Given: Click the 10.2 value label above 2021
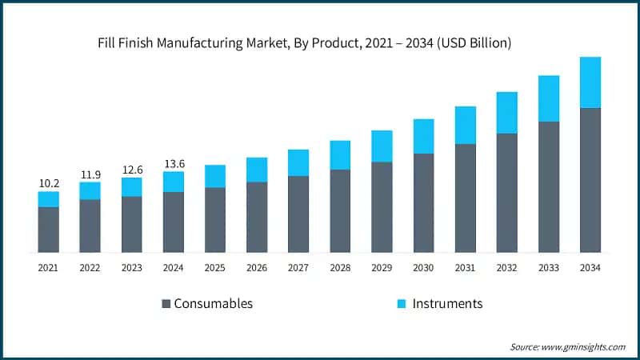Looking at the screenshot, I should click(x=48, y=183).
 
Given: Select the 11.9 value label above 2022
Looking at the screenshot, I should click(x=90, y=174).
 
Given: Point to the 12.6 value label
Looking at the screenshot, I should click(x=131, y=169).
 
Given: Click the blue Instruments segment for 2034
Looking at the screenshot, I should click(x=590, y=82).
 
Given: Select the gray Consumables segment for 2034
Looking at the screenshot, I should click(x=590, y=180).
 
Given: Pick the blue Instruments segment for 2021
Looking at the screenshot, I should click(x=48, y=199).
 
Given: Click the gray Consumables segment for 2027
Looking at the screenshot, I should click(x=298, y=214).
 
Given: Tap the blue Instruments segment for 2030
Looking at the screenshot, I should click(x=423, y=136).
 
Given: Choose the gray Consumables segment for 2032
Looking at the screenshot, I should click(x=507, y=193).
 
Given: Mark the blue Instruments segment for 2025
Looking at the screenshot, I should click(x=215, y=176).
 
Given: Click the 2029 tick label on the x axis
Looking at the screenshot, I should click(x=382, y=268).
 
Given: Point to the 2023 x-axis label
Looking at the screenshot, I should click(x=131, y=268).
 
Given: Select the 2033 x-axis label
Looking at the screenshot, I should click(x=549, y=268).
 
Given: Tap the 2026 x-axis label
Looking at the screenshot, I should click(x=257, y=268).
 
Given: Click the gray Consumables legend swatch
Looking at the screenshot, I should click(x=166, y=304).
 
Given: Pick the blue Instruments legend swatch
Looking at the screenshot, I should click(x=402, y=304).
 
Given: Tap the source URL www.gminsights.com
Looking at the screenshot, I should click(x=585, y=346).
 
